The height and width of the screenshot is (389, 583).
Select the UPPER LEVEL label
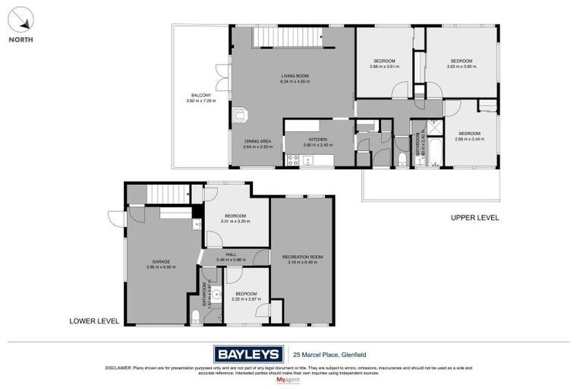point(474,218)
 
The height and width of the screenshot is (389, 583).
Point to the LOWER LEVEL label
point(94,321)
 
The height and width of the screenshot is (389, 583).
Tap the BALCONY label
point(200,96)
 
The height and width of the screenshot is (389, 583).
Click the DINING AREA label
point(258,141)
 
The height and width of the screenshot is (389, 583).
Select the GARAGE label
point(160,261)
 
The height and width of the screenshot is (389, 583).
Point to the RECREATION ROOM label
point(302,258)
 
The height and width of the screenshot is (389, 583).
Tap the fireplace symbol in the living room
point(241,116)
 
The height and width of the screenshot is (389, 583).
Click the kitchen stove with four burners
point(292,160)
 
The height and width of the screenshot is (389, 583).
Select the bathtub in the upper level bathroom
point(433,147)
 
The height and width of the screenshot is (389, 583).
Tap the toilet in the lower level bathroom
point(194,316)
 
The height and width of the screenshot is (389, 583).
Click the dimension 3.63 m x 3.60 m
point(462,67)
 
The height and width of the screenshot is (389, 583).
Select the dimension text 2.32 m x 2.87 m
point(247,299)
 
